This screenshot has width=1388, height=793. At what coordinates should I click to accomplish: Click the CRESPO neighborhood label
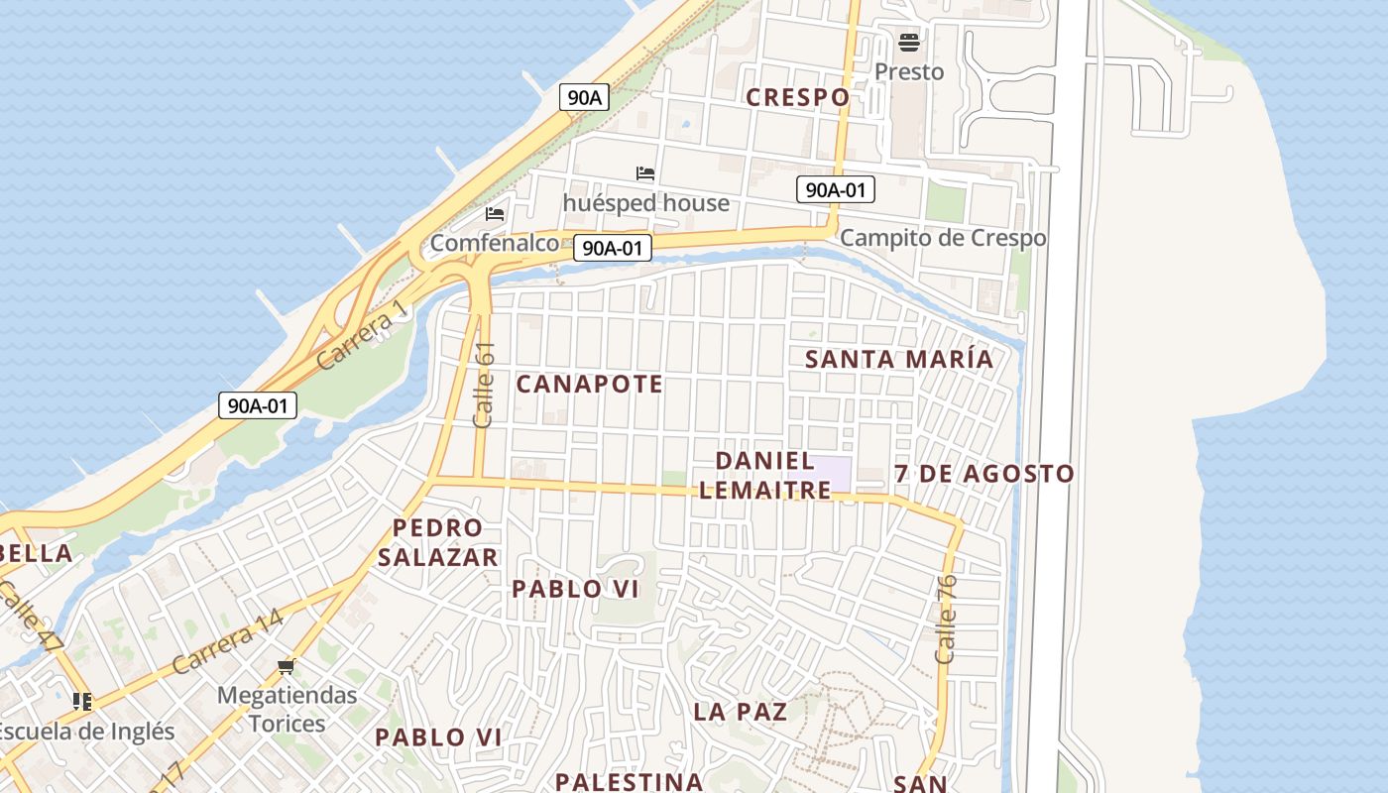tap(797, 97)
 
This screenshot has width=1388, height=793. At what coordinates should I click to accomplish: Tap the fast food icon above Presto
tap(908, 43)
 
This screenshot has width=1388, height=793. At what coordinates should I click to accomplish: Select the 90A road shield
tap(584, 97)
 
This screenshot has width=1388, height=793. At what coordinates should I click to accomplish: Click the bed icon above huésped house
tap(645, 173)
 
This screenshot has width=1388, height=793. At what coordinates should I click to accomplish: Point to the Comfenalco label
tap(494, 243)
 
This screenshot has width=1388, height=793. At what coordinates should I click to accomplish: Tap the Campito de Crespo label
tap(942, 238)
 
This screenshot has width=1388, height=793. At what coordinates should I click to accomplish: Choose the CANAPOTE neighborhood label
tap(589, 385)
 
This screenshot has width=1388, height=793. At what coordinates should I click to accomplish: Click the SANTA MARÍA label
tap(898, 359)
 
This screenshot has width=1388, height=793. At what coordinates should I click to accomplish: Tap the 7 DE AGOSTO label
tap(983, 474)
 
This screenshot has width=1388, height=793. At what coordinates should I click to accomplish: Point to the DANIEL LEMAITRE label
tap(764, 475)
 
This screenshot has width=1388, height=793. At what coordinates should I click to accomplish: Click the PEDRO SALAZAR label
tap(437, 542)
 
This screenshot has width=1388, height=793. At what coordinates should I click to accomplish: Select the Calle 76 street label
tap(946, 619)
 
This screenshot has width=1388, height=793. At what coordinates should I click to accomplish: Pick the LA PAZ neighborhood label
tap(740, 712)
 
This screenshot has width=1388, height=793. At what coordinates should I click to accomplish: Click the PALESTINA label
tap(629, 781)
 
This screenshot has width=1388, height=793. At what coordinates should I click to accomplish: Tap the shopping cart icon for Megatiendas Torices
tap(287, 666)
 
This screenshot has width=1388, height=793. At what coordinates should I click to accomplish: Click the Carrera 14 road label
tap(227, 643)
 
